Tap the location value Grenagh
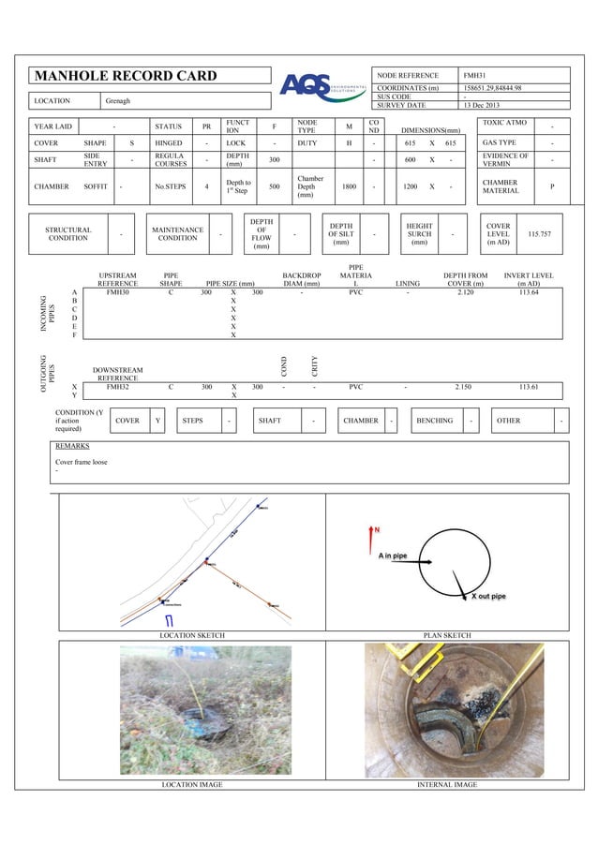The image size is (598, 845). pyautogui.click(x=118, y=99)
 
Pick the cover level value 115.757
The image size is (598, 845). pyautogui.click(x=539, y=233)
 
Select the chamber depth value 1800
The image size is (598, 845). pyautogui.click(x=349, y=186)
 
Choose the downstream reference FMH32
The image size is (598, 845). pyautogui.click(x=118, y=386)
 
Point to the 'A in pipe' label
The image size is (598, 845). pyautogui.click(x=393, y=556)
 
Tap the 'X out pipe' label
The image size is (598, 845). pyautogui.click(x=488, y=596)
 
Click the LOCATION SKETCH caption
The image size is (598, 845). pyautogui.click(x=192, y=635)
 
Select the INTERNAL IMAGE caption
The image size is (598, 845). pyautogui.click(x=447, y=784)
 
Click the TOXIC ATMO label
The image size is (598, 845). pyautogui.click(x=504, y=123)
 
